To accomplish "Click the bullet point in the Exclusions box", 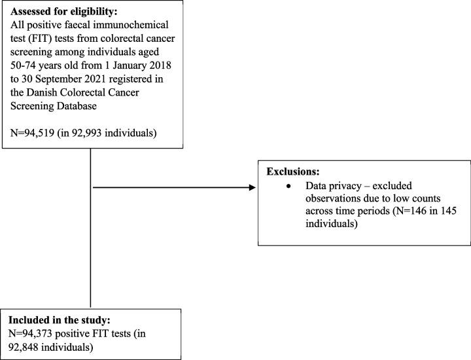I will click(x=289, y=187).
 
